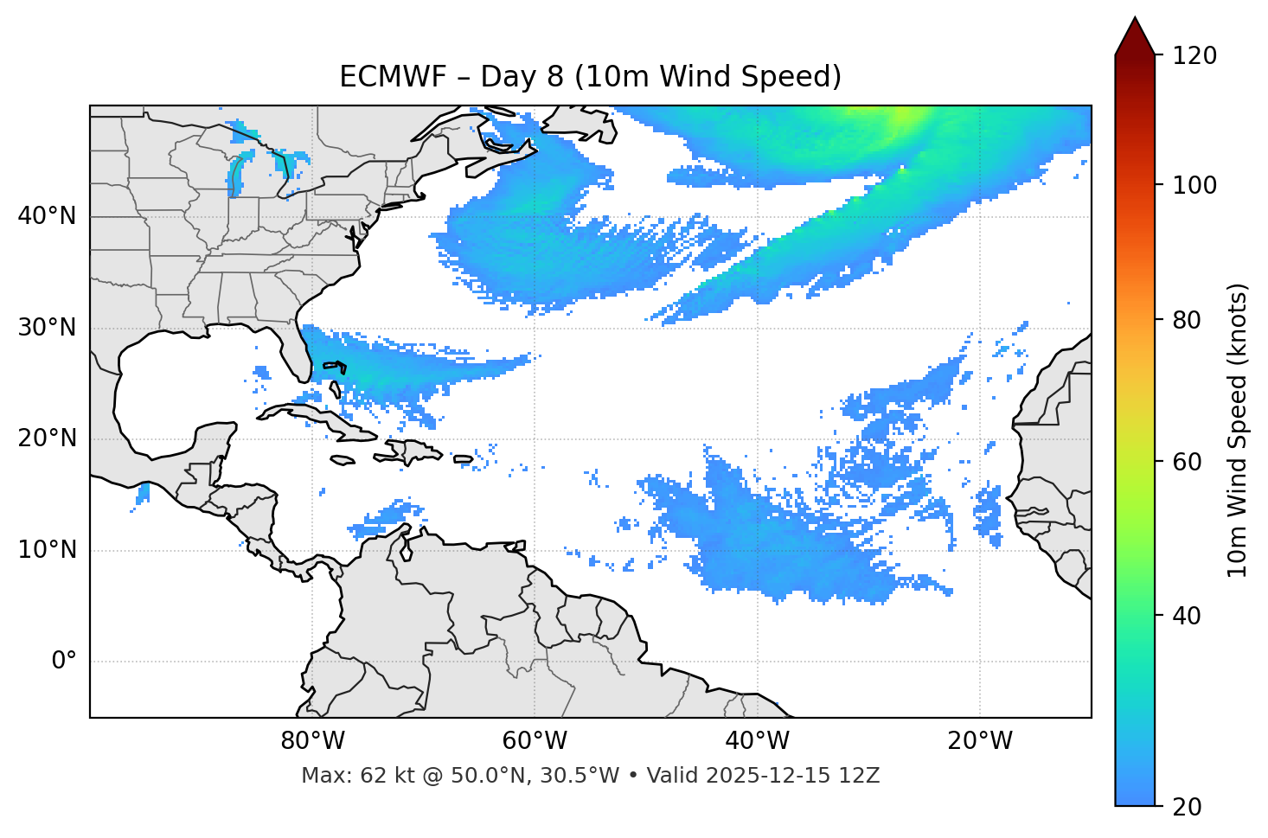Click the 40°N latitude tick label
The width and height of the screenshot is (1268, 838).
point(47,216)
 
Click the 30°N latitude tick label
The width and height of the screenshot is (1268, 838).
point(47,328)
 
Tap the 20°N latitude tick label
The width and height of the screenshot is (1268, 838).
point(47,438)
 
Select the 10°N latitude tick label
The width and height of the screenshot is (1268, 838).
point(47,550)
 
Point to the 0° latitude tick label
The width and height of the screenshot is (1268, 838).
point(64,662)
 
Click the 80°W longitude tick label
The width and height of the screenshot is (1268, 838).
point(312,741)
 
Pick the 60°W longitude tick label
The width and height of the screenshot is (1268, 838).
point(535,741)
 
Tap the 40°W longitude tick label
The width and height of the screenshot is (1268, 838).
point(757,741)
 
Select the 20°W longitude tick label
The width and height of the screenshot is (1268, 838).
point(979,741)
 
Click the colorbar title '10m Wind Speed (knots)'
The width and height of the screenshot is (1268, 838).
point(1238,430)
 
